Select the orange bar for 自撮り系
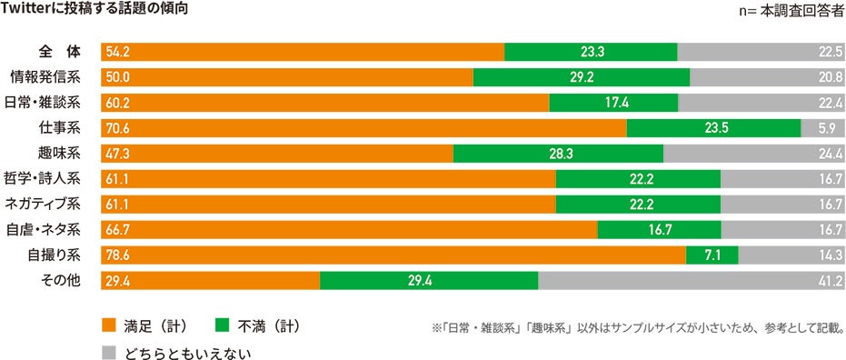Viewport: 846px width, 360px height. coord(393,255)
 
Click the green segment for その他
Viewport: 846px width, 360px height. coord(428,280)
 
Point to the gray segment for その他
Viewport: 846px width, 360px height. coord(691,280)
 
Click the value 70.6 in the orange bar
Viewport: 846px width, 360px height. coord(118,129)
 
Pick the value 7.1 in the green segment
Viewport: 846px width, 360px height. coord(712,255)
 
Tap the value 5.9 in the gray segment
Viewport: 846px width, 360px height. coord(831,129)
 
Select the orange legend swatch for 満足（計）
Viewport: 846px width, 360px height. coord(109,325)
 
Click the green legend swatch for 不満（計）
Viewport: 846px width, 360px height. coord(221,325)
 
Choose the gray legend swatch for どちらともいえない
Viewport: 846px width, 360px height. coord(109,350)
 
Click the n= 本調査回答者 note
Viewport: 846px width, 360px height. coord(793,13)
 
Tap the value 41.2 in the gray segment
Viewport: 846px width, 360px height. coord(830,280)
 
